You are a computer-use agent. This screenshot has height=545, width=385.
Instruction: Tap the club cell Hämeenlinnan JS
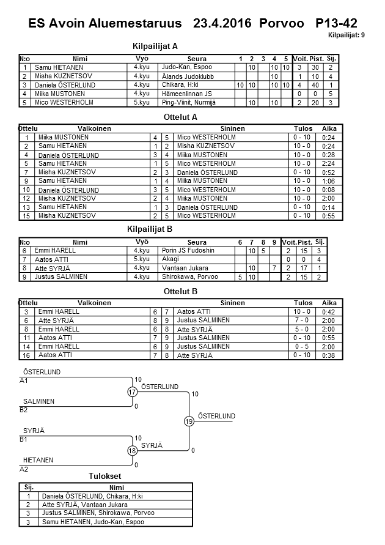[183, 94]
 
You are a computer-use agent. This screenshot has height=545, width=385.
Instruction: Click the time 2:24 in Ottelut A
[329, 164]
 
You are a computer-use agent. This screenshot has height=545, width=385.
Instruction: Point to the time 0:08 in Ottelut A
[329, 190]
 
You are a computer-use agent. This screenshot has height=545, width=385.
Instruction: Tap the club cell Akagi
[170, 259]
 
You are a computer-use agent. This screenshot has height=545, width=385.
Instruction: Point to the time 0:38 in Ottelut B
[329, 355]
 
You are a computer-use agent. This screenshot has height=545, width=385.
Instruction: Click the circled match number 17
[133, 392]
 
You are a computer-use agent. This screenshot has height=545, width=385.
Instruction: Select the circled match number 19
[189, 421]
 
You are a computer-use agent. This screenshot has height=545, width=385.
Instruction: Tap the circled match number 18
[133, 450]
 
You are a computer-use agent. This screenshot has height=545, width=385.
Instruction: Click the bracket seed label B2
[24, 410]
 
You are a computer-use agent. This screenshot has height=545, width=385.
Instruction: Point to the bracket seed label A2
[24, 469]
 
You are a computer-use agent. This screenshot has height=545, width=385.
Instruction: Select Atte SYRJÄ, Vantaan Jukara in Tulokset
[84, 505]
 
